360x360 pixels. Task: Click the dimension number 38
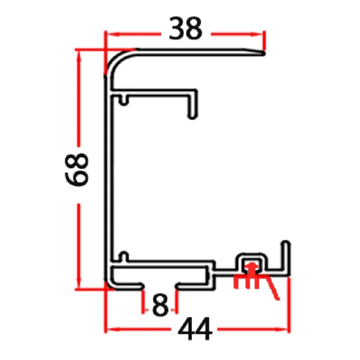point(185,29)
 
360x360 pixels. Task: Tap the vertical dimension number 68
point(78,170)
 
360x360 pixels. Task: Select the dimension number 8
point(160,305)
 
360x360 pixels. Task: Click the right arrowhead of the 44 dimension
point(286,329)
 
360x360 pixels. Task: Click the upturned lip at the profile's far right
point(287,255)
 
